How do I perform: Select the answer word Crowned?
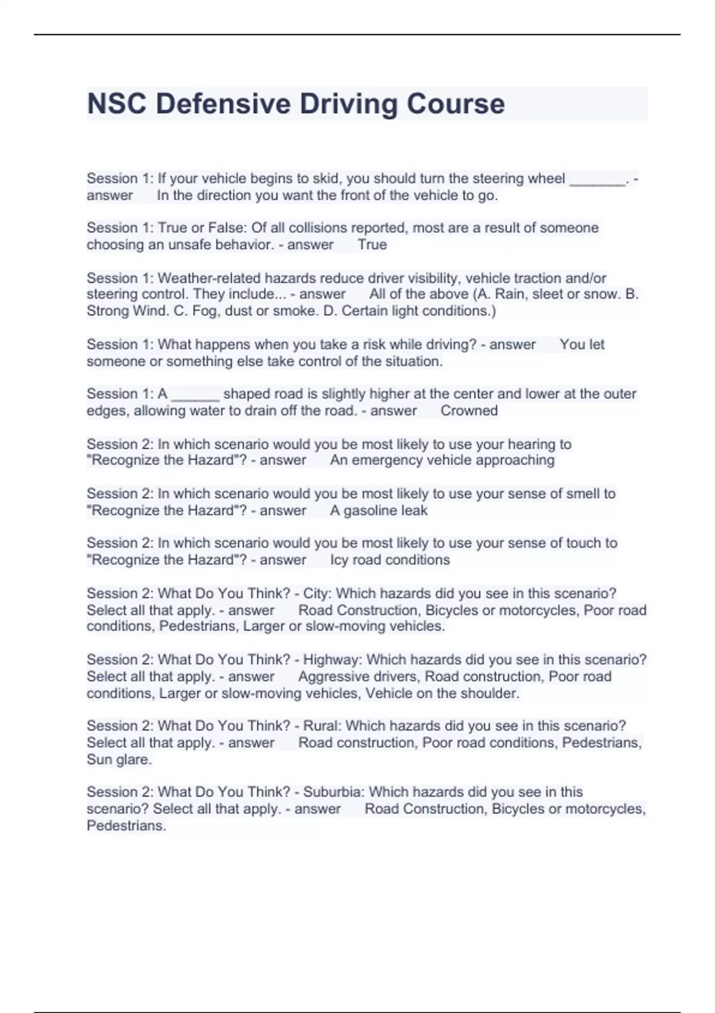pos(469,411)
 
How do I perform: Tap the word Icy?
pos(339,560)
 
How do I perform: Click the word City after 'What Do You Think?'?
pos(316,593)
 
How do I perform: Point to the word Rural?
pos(319,726)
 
